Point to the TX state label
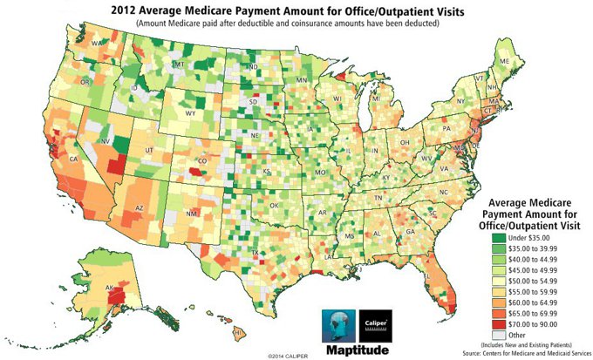click(x=253, y=254)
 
